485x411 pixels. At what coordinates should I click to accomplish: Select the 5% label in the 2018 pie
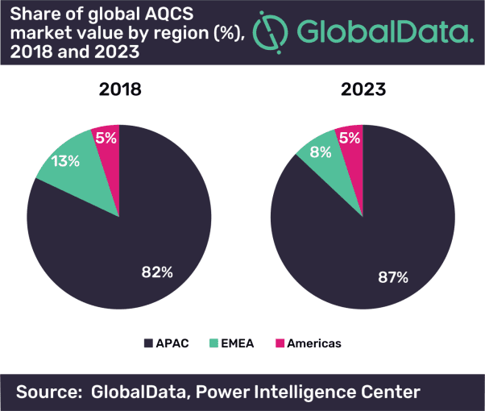pos(106,138)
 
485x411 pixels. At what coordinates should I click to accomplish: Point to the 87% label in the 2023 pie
pos(392,277)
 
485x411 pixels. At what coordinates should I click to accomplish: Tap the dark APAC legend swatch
pos(148,343)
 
